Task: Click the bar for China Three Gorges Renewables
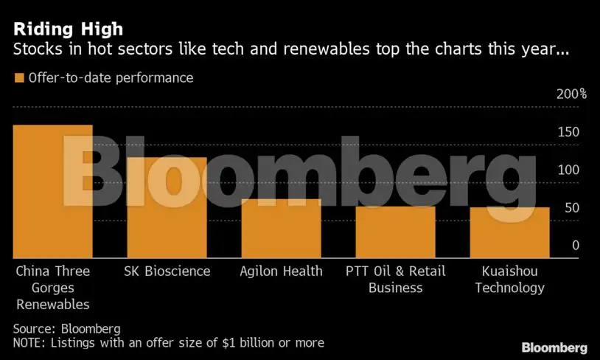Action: (53, 192)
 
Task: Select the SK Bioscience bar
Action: (167, 208)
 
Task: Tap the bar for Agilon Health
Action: (281, 229)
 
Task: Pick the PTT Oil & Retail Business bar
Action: (395, 232)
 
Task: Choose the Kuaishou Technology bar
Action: (509, 233)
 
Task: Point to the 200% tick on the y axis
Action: (571, 94)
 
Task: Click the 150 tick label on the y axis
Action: (568, 132)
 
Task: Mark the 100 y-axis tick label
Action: (568, 170)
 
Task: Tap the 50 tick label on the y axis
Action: (571, 208)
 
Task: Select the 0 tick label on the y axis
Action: (575, 246)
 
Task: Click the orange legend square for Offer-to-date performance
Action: (18, 77)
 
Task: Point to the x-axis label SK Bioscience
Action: (167, 271)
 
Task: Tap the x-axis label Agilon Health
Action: (281, 271)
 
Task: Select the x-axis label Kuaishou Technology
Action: (509, 280)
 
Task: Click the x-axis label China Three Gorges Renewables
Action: (53, 288)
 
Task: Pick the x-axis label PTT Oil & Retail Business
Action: (395, 280)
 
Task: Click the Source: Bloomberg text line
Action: (66, 328)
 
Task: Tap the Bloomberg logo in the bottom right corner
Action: (554, 347)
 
